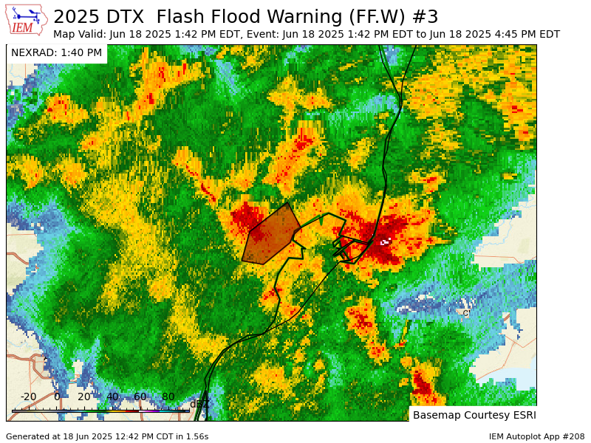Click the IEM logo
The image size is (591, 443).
tap(26, 20)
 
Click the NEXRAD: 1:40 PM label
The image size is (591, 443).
tap(56, 53)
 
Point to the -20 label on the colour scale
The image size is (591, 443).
tap(28, 397)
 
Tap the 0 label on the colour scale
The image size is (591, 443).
tap(57, 397)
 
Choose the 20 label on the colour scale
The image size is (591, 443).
tap(84, 397)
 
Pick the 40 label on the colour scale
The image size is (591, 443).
tap(112, 397)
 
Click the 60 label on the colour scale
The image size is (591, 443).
tap(140, 397)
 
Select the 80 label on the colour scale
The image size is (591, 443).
tap(168, 397)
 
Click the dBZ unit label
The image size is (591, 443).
tap(199, 404)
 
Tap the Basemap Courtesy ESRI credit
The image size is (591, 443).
tap(474, 415)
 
